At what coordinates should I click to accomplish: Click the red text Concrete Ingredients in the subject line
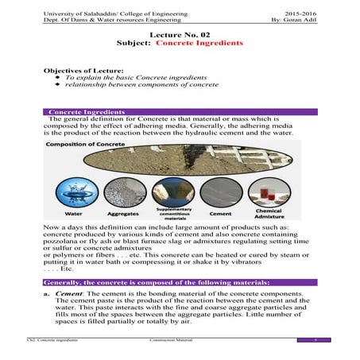[x=199, y=45]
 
